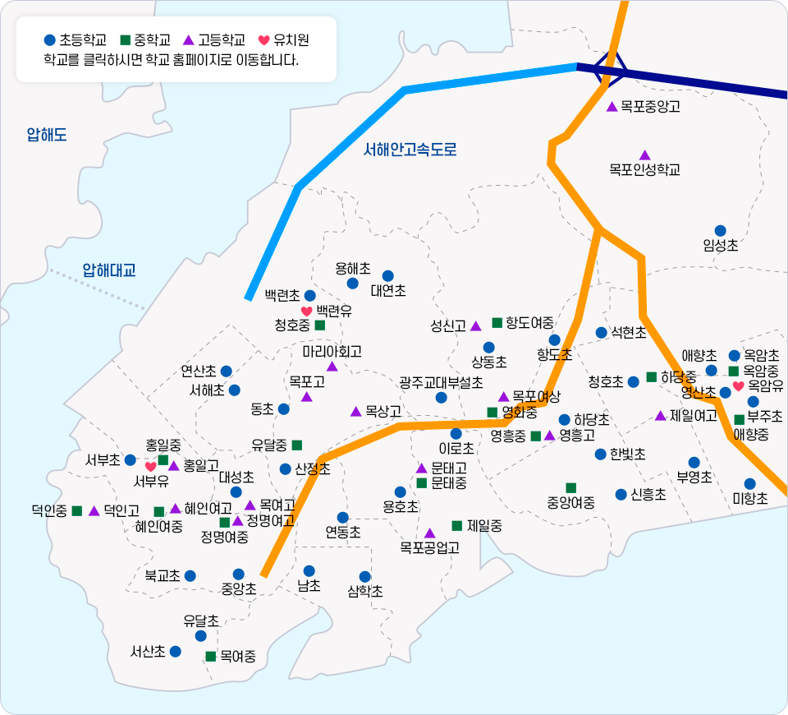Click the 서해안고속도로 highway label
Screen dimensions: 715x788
click(x=410, y=150)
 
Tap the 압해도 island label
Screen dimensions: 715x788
click(x=47, y=135)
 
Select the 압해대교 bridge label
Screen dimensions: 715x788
click(x=108, y=270)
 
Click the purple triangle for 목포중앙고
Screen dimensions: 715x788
click(x=612, y=107)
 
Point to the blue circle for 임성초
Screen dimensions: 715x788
click(x=720, y=231)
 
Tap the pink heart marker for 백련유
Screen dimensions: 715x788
click(x=306, y=311)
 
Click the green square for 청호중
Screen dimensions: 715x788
click(x=320, y=325)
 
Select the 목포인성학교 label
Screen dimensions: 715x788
click(x=644, y=170)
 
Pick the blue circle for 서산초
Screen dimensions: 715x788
click(x=175, y=651)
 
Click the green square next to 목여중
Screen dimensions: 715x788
click(x=211, y=656)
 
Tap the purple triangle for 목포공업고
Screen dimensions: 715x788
click(x=429, y=533)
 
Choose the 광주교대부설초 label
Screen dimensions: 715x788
click(x=441, y=383)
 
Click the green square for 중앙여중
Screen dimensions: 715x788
click(x=571, y=488)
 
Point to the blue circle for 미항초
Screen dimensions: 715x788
click(x=749, y=484)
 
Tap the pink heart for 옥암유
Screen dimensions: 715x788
click(x=738, y=385)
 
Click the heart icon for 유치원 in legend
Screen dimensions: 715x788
click(x=263, y=39)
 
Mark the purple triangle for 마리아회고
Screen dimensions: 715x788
click(x=332, y=366)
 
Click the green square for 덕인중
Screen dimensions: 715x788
click(x=77, y=511)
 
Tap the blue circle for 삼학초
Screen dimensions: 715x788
click(x=365, y=577)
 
